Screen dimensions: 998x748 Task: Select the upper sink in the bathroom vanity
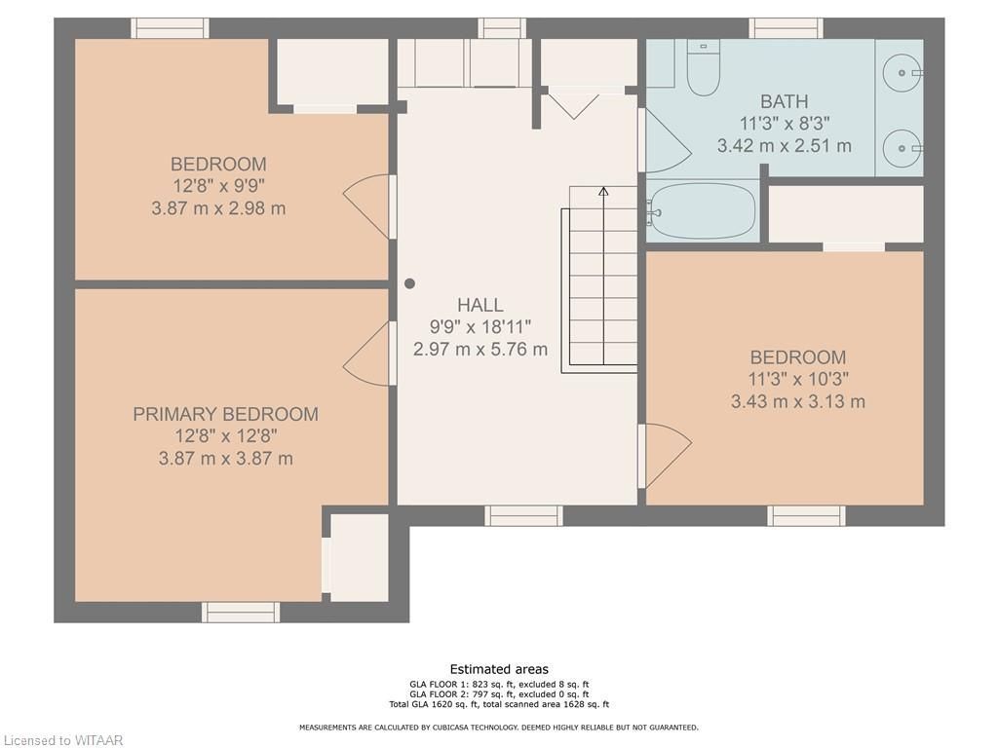pos(902,73)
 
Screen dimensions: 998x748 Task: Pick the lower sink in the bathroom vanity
pos(902,148)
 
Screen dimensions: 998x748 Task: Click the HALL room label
pos(480,305)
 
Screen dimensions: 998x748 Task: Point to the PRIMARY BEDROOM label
pos(225,414)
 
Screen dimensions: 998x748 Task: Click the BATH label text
pos(785,101)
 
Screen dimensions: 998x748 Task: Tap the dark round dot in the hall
pos(410,283)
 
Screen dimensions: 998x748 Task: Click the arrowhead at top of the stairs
pos(603,191)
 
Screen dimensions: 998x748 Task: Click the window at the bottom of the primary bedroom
pos(241,612)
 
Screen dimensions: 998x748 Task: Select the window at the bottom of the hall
pos(523,516)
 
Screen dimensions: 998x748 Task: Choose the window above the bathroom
pos(787,28)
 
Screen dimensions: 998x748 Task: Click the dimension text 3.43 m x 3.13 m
pos(798,402)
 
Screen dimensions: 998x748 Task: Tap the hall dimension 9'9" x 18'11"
pos(480,327)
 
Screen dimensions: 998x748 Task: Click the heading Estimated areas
pos(499,669)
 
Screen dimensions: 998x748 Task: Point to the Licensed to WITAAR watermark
pos(61,740)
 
